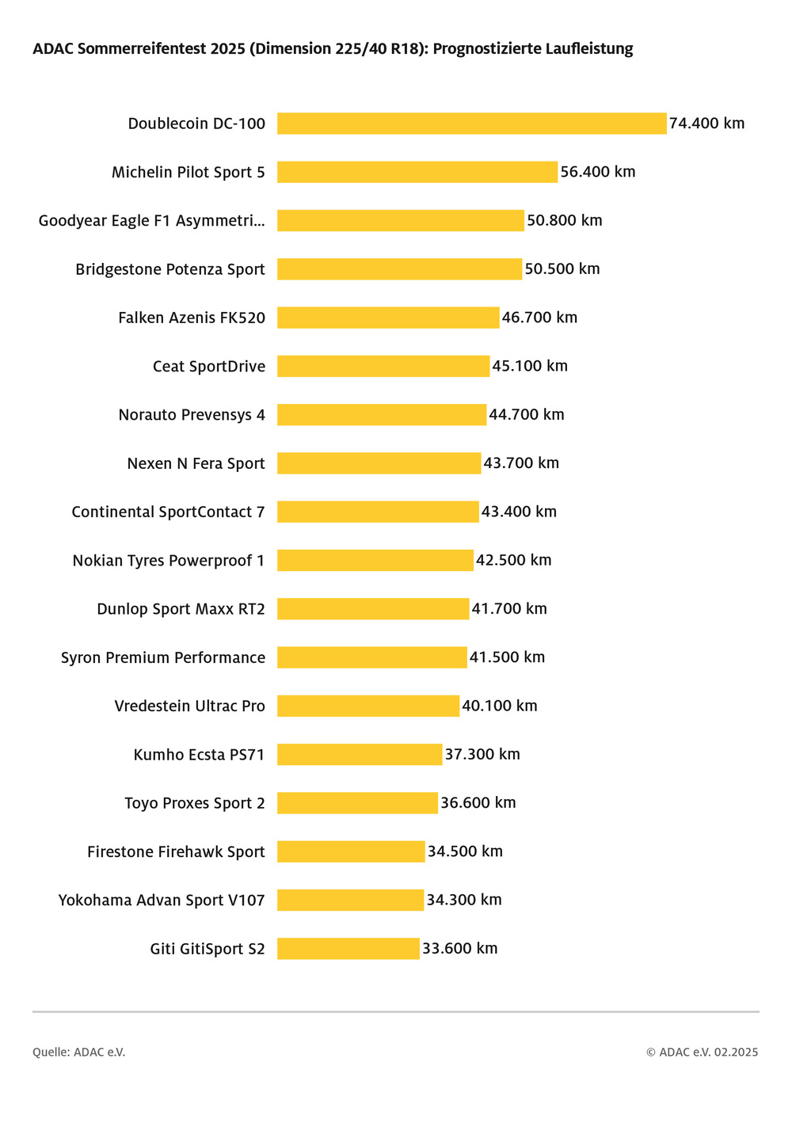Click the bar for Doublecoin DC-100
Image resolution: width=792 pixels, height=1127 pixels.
(471, 124)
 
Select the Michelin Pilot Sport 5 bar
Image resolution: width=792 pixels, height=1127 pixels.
(417, 172)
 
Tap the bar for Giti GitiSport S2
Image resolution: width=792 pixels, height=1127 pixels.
(348, 949)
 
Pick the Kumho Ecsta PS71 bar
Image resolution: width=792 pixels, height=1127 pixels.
(360, 755)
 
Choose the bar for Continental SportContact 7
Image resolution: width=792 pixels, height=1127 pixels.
(378, 512)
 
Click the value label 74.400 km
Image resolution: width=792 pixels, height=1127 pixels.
(706, 124)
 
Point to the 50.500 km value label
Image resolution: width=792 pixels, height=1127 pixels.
(562, 269)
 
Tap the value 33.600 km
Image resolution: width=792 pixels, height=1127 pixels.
(459, 949)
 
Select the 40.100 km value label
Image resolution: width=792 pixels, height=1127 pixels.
(499, 706)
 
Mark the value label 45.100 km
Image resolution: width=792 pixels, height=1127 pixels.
(530, 366)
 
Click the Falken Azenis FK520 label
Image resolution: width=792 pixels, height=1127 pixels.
(192, 318)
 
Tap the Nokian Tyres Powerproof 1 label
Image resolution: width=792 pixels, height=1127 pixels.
(169, 561)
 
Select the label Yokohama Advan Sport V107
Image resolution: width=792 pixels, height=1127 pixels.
(162, 900)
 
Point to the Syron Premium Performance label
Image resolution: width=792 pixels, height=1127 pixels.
(163, 658)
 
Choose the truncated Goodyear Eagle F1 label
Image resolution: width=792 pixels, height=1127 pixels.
(152, 221)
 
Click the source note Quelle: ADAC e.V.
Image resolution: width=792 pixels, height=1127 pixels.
(79, 1053)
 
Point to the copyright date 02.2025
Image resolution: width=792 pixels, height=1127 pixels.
(736, 1053)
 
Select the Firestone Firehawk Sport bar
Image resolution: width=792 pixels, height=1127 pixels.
(351, 852)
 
